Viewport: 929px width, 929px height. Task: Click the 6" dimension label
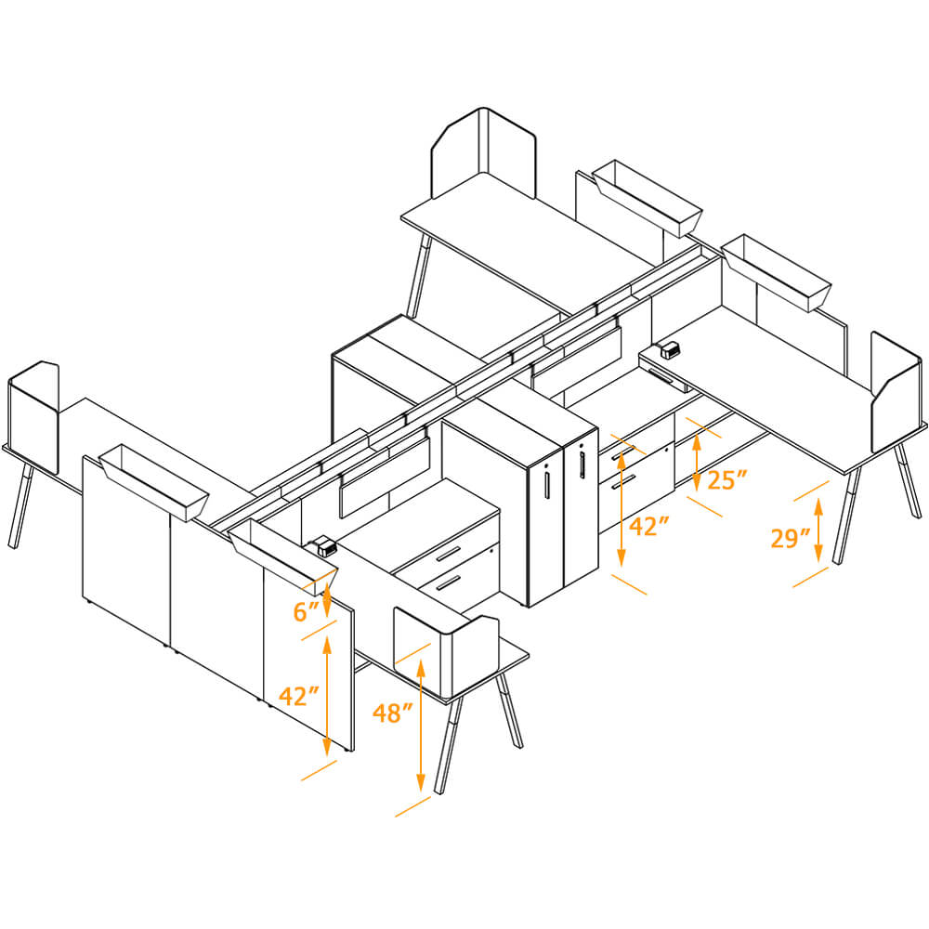306,610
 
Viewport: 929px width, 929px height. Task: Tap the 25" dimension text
727,480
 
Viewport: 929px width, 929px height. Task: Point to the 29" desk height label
791,538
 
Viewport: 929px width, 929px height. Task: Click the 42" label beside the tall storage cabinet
649,527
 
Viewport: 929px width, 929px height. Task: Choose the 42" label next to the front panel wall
299,696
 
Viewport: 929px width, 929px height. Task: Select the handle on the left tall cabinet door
548,484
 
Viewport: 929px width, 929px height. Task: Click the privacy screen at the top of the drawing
484,152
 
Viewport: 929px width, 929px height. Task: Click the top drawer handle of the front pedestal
448,555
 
